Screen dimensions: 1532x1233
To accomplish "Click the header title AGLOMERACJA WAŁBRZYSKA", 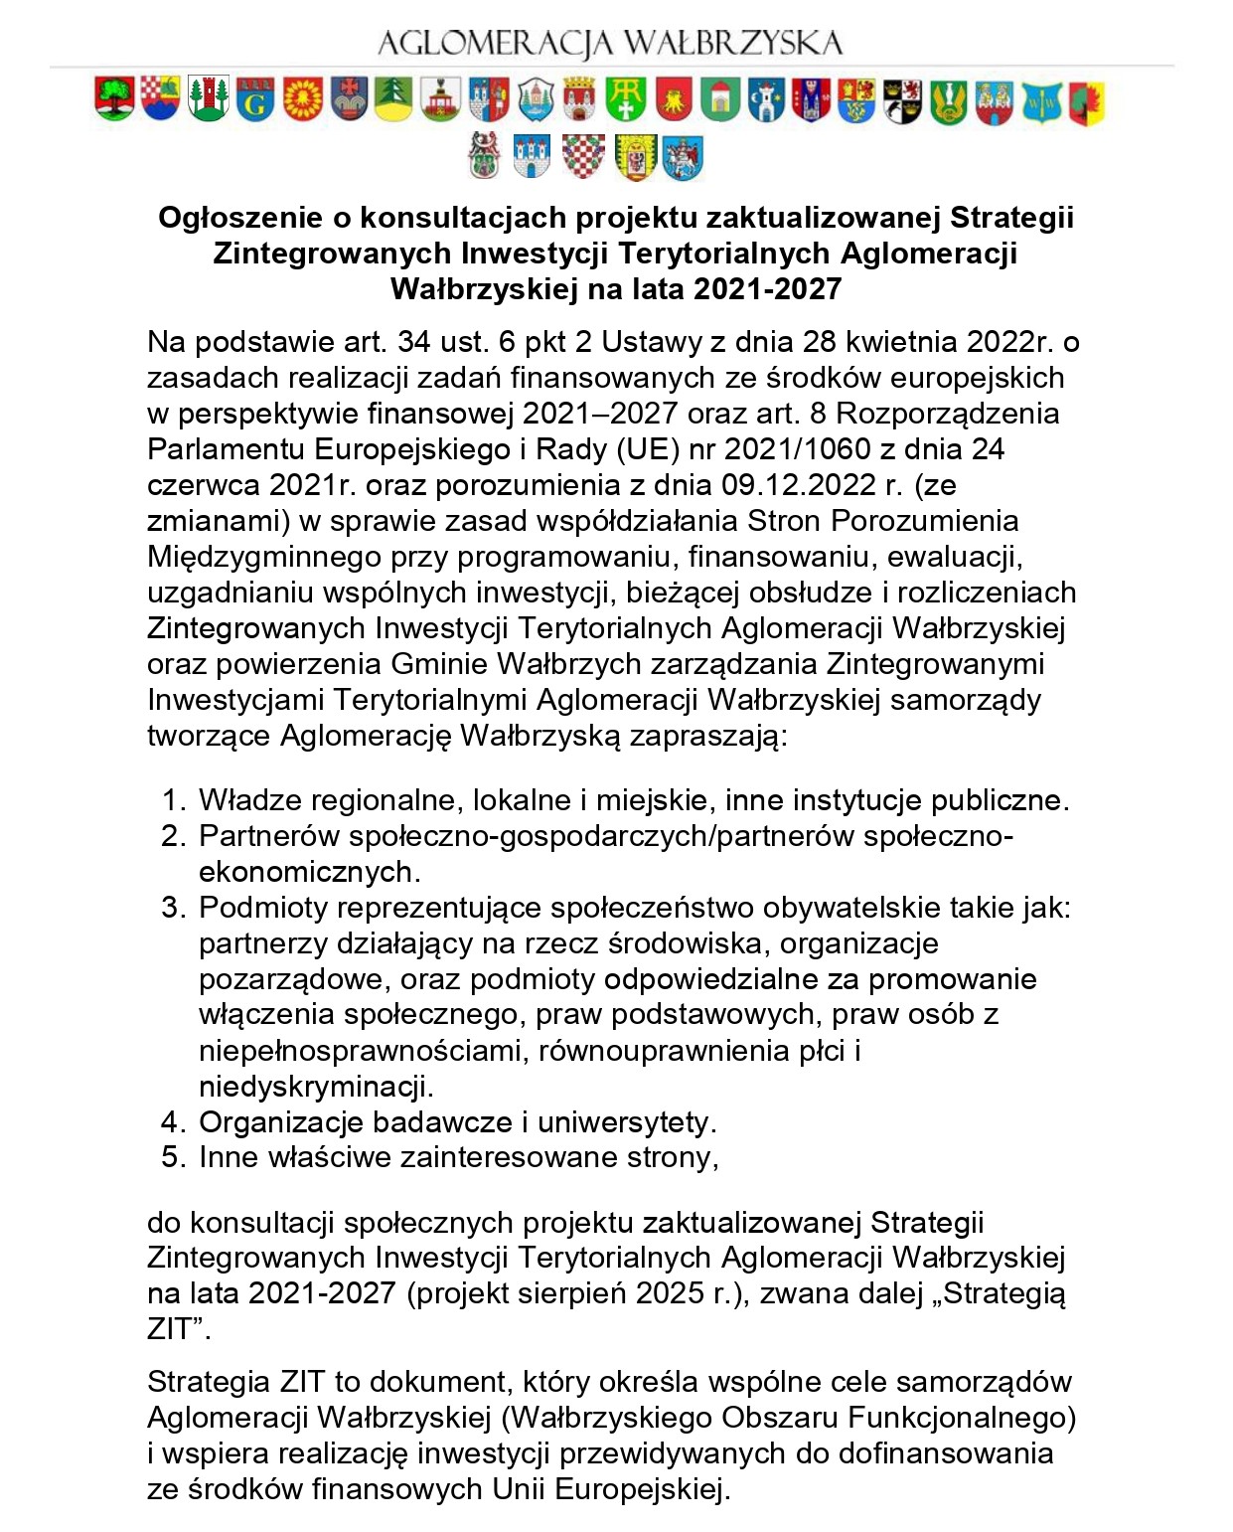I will pos(610,43).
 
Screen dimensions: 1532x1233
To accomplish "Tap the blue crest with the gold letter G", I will pos(255,99).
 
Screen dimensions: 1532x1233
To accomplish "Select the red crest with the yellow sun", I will pos(303,99).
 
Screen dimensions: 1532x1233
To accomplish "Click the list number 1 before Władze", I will pos(172,800).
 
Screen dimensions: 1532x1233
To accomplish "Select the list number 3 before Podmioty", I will pos(172,908).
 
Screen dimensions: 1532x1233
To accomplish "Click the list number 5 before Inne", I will pos(172,1157).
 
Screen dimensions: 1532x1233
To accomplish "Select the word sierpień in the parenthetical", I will pos(570,1293).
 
